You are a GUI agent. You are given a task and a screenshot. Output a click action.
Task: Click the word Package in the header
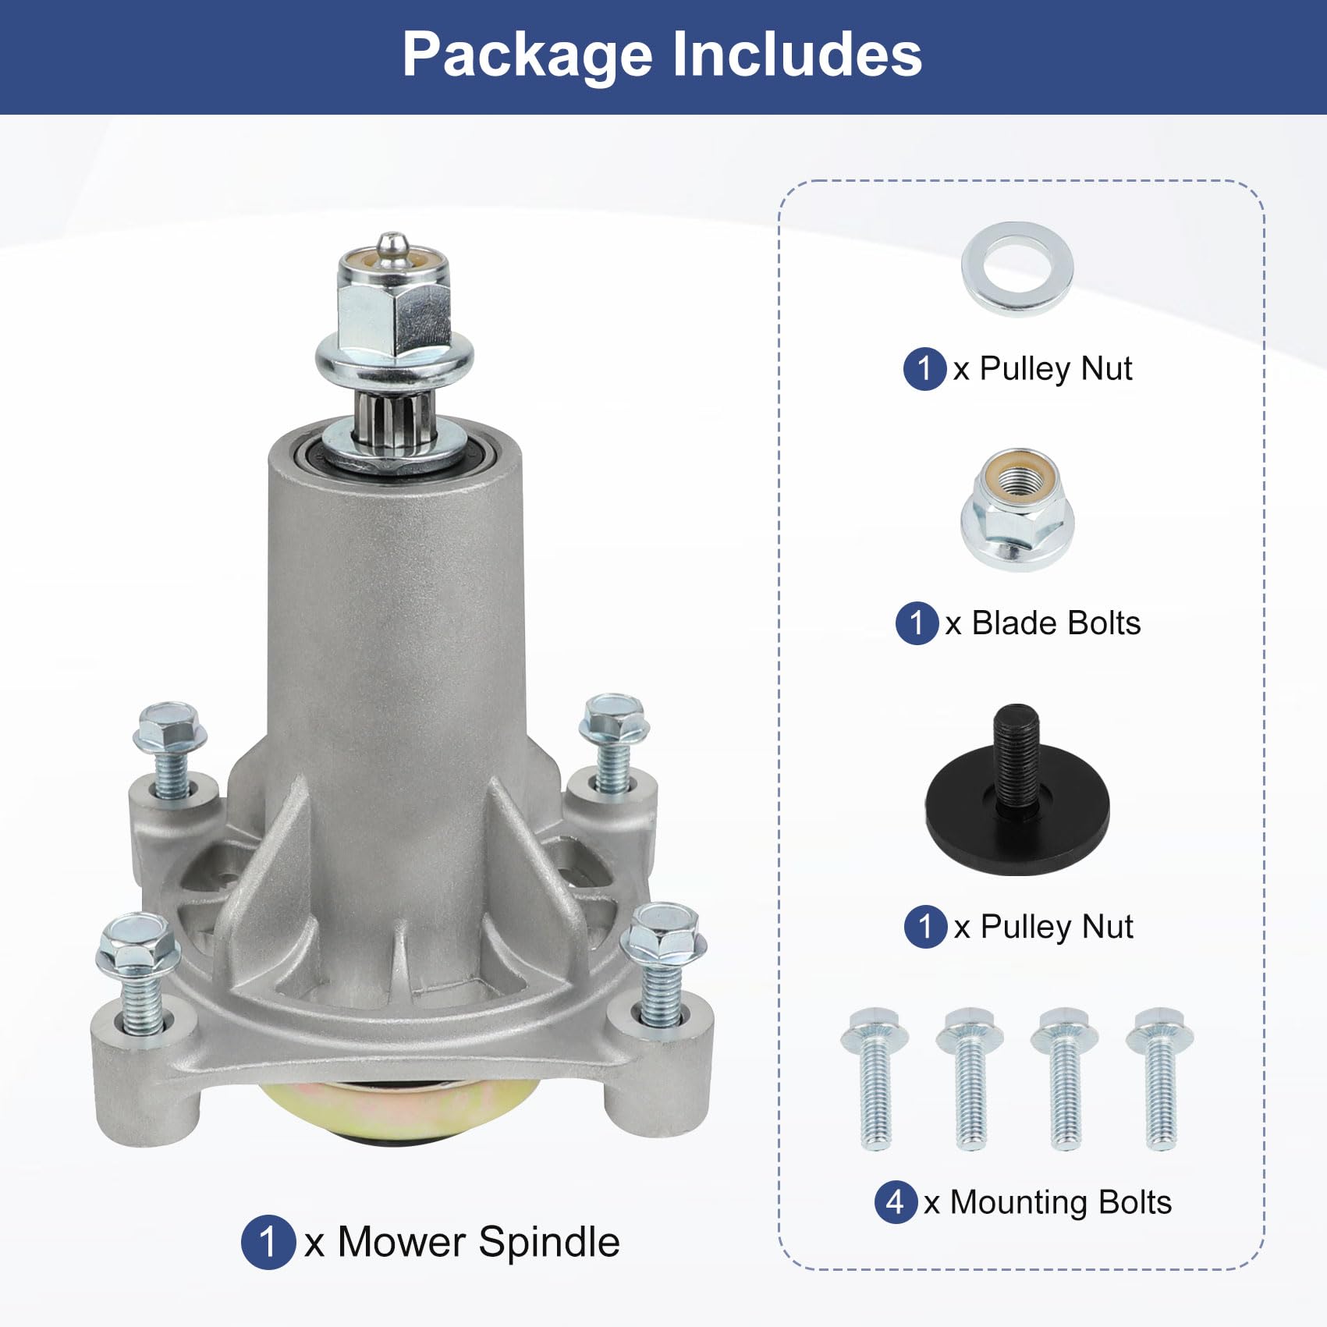527,56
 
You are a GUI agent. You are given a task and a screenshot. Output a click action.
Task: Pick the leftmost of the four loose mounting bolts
875,1079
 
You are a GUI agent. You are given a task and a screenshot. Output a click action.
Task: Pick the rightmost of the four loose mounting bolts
1160,1079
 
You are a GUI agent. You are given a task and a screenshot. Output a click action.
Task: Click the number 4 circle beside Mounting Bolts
896,1202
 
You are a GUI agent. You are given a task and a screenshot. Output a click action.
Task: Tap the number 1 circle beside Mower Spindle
268,1242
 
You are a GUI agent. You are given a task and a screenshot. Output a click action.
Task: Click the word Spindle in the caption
549,1242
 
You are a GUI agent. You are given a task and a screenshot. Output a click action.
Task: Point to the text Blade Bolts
1056,623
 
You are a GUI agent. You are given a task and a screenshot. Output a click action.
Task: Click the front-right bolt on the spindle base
663,963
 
